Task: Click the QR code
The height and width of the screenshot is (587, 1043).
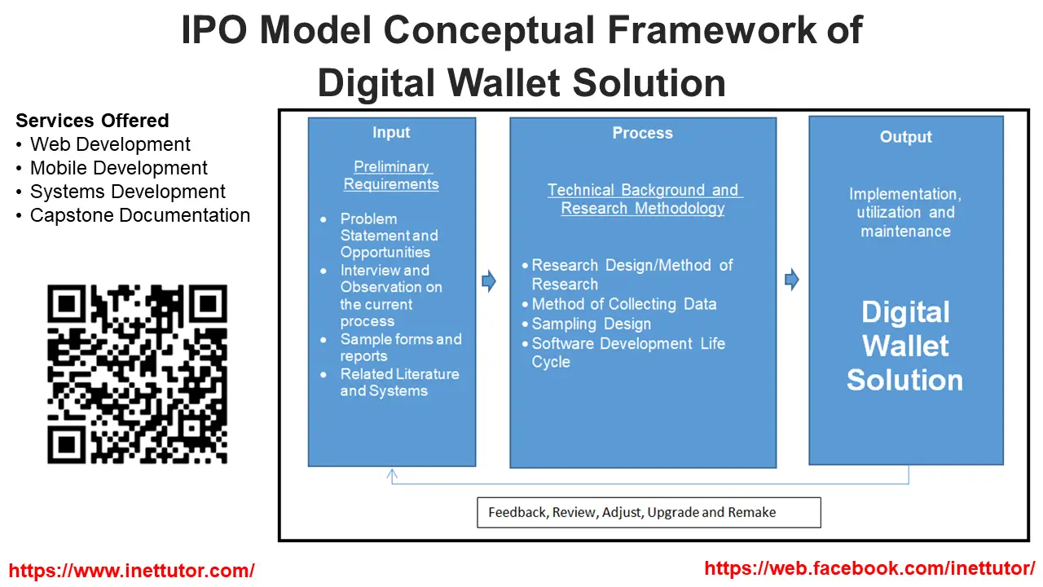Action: coord(138,374)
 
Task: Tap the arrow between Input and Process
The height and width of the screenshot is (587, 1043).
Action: coord(489,281)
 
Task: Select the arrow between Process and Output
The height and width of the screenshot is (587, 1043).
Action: coord(792,280)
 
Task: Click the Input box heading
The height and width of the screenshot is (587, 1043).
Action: coord(391,132)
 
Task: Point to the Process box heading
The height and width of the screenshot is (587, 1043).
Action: coord(643,133)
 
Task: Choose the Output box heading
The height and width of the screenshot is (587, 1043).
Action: coord(905,137)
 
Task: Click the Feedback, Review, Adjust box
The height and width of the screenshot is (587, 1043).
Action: coord(649,513)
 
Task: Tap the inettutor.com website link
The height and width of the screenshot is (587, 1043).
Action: coord(132,570)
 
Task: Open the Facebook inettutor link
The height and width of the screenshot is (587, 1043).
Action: coord(869,568)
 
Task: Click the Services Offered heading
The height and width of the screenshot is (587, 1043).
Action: coord(92,121)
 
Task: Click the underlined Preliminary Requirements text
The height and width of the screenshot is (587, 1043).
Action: coord(391,175)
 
